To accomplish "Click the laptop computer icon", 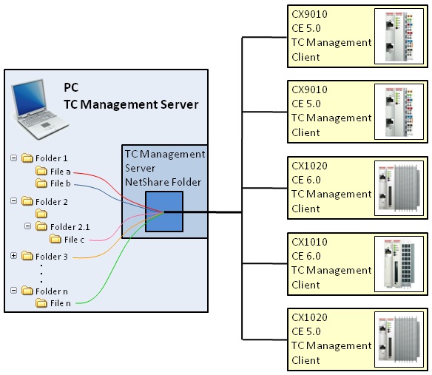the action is [x=39, y=109].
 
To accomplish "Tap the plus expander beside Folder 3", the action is [x=13, y=256].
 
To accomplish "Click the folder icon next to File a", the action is [x=41, y=171].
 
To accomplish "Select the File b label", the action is [x=61, y=183].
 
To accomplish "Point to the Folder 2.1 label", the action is [x=70, y=227].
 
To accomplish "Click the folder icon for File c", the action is [x=55, y=239].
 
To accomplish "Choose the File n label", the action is [x=61, y=303].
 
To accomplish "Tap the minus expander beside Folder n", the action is [x=13, y=291].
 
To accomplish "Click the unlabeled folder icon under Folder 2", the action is [x=41, y=214].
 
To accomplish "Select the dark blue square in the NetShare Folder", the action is [x=164, y=212].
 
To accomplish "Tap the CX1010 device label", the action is [x=309, y=242].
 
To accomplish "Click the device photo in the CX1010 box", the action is [x=399, y=264].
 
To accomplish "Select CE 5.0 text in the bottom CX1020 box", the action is [x=306, y=331].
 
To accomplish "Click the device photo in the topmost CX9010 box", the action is [x=399, y=36].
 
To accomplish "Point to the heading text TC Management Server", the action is [x=131, y=104].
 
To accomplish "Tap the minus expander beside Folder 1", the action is [x=13, y=158].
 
